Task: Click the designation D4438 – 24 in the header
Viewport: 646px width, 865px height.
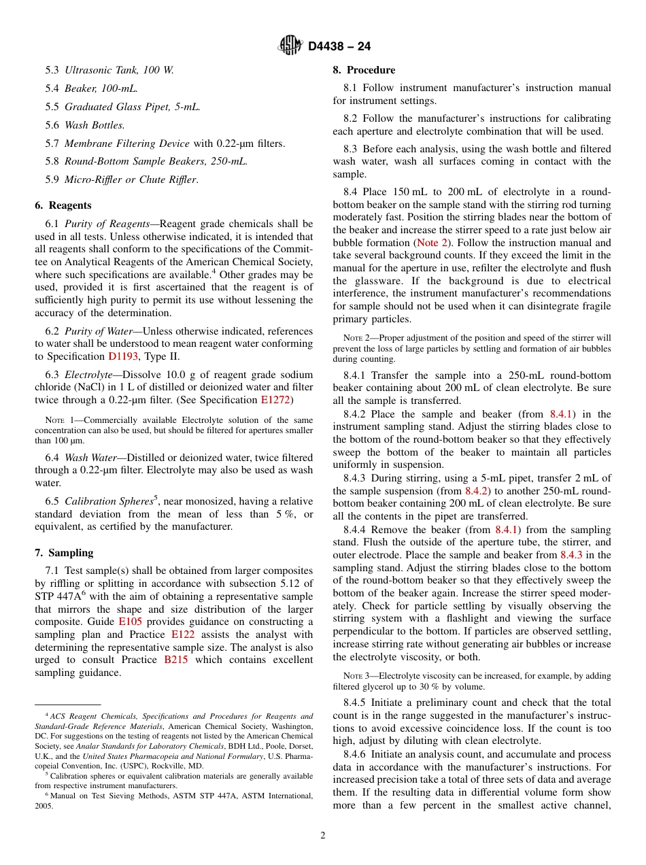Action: (339, 46)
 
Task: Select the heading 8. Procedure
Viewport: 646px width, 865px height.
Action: (364, 70)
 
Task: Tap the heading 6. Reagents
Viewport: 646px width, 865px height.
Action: (63, 205)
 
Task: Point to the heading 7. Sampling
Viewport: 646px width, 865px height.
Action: (64, 553)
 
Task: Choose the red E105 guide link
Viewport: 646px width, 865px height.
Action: (129, 622)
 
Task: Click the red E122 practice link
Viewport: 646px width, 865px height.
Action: (183, 634)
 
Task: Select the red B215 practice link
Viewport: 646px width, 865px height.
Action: (176, 660)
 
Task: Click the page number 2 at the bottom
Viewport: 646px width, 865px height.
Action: (323, 836)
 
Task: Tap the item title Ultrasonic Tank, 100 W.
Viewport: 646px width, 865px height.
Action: (119, 70)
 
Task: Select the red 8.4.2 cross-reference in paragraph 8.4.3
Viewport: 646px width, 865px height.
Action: (476, 490)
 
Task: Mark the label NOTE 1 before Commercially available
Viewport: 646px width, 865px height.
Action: (59, 420)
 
